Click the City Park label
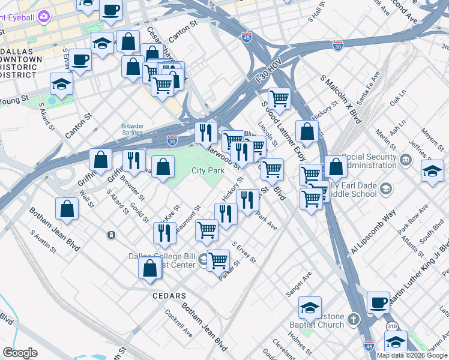208,171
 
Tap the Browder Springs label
132,130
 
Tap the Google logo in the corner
20,353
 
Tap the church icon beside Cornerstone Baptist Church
354,318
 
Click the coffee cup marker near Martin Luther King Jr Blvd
378,302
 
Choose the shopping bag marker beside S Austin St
67,208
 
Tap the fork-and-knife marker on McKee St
164,232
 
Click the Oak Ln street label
398,98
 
